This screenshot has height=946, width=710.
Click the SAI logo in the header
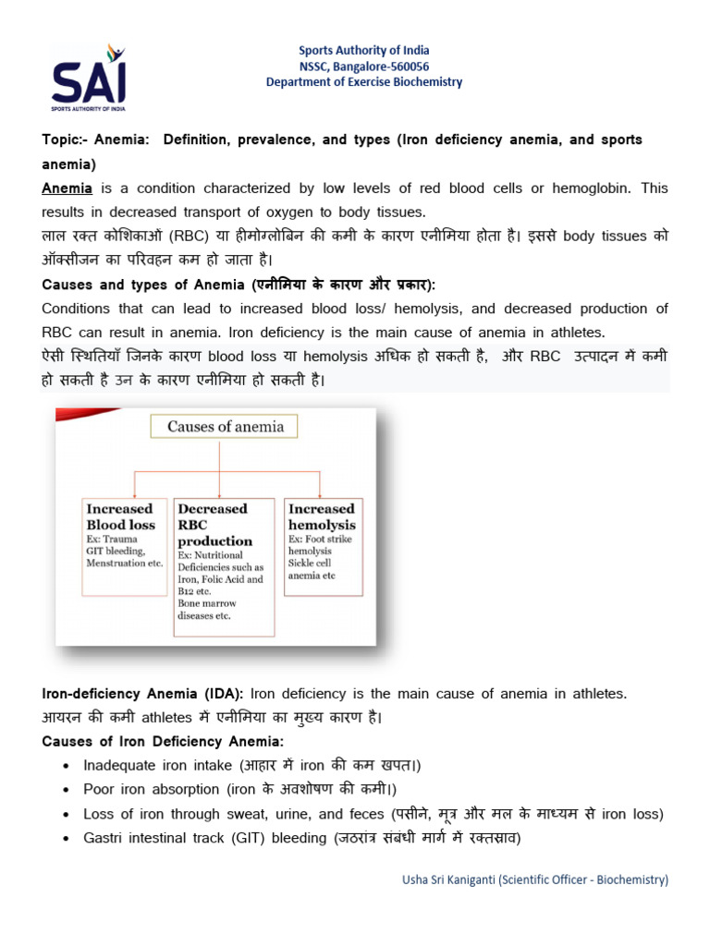point(89,76)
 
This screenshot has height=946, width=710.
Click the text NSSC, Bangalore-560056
point(363,66)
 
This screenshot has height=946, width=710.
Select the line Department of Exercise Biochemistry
point(363,82)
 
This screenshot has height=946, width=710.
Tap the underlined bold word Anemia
point(67,188)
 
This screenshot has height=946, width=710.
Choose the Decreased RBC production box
point(224,565)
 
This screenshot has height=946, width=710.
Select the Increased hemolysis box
point(323,545)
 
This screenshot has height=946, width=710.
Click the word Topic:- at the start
point(66,139)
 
